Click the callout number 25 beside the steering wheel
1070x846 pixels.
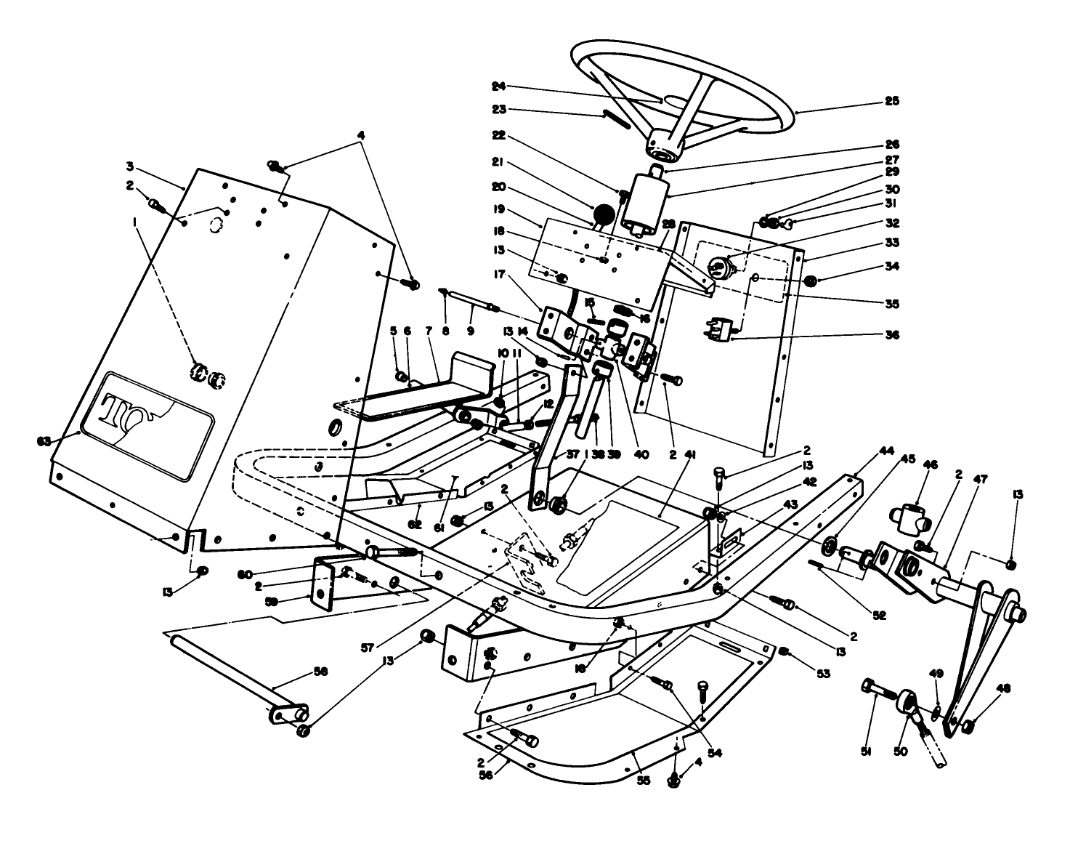point(892,101)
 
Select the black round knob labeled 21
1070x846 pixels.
point(603,214)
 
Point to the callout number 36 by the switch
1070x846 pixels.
point(892,335)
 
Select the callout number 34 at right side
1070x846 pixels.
point(892,267)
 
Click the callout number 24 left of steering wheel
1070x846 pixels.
point(518,86)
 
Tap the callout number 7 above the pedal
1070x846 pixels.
point(429,331)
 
